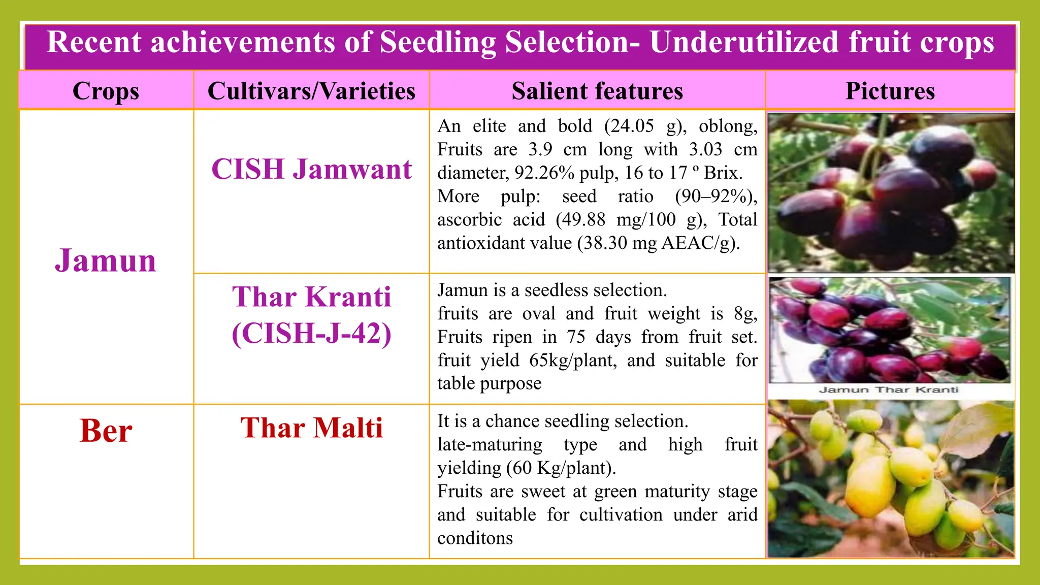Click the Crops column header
pos(106,91)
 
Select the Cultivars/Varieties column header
pos(311,91)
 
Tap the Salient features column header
pos(597,91)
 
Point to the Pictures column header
pos(890,91)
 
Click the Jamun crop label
pos(106,261)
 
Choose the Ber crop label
pos(106,431)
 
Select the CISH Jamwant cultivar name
pos(311,169)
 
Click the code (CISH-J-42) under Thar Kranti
pos(311,334)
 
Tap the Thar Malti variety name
pos(311,428)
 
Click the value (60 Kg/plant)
pos(561,468)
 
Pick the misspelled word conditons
pos(475,538)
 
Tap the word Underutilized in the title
pos(744,42)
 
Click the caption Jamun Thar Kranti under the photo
pos(888,390)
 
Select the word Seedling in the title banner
pos(438,42)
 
